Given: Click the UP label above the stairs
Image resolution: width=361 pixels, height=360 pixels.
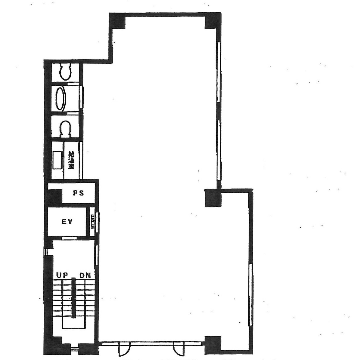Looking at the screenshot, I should tap(62, 275).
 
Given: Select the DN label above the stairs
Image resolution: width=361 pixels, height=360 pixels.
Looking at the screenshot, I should tap(86, 275).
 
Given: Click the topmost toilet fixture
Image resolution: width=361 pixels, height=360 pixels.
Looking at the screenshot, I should tap(66, 72).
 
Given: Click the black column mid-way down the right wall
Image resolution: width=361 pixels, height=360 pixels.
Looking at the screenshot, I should tap(213, 198).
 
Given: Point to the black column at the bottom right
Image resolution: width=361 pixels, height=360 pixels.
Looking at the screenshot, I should tap(213, 345).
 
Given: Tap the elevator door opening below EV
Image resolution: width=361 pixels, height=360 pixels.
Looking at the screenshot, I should tap(69, 238).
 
